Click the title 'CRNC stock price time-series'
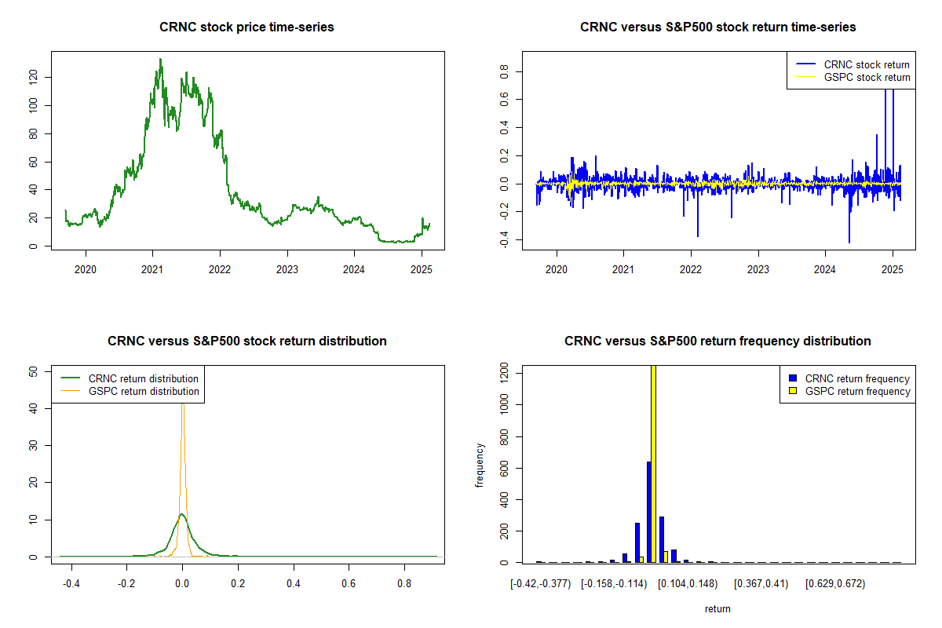coord(246,27)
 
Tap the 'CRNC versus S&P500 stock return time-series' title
coord(717,27)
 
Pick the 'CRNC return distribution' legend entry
coord(143,378)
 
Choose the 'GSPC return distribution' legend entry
coord(143,391)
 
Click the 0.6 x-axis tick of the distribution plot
coord(349,583)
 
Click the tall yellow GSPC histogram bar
coord(653,463)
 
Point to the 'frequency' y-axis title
coord(480,465)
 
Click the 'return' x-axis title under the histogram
coord(717,608)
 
